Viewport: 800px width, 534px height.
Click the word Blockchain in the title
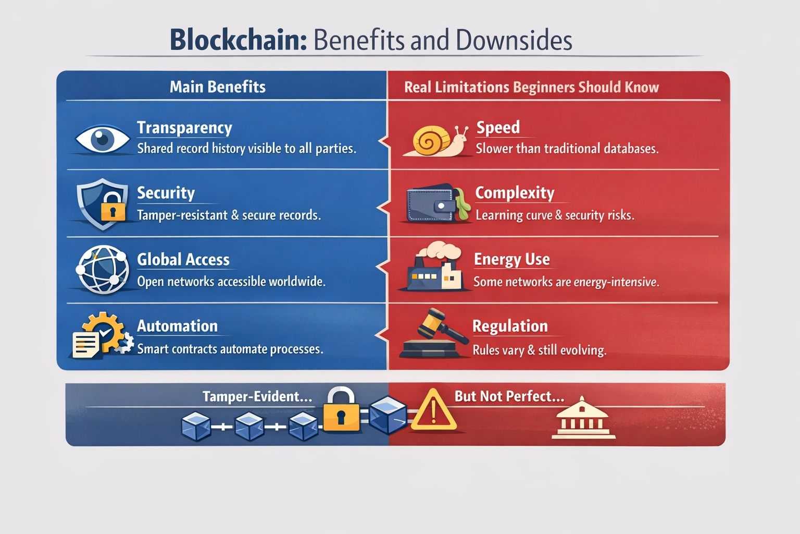pos(238,40)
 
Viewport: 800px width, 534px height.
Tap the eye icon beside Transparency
pos(102,139)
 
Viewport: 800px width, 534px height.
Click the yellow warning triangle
pos(433,410)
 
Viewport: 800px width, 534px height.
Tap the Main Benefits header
pos(218,87)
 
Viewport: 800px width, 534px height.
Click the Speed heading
pos(498,127)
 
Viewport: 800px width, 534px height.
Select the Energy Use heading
pos(511,259)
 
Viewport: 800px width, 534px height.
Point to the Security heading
pos(166,193)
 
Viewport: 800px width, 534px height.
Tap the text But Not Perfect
pos(509,396)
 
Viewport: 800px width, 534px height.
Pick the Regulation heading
pos(510,326)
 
